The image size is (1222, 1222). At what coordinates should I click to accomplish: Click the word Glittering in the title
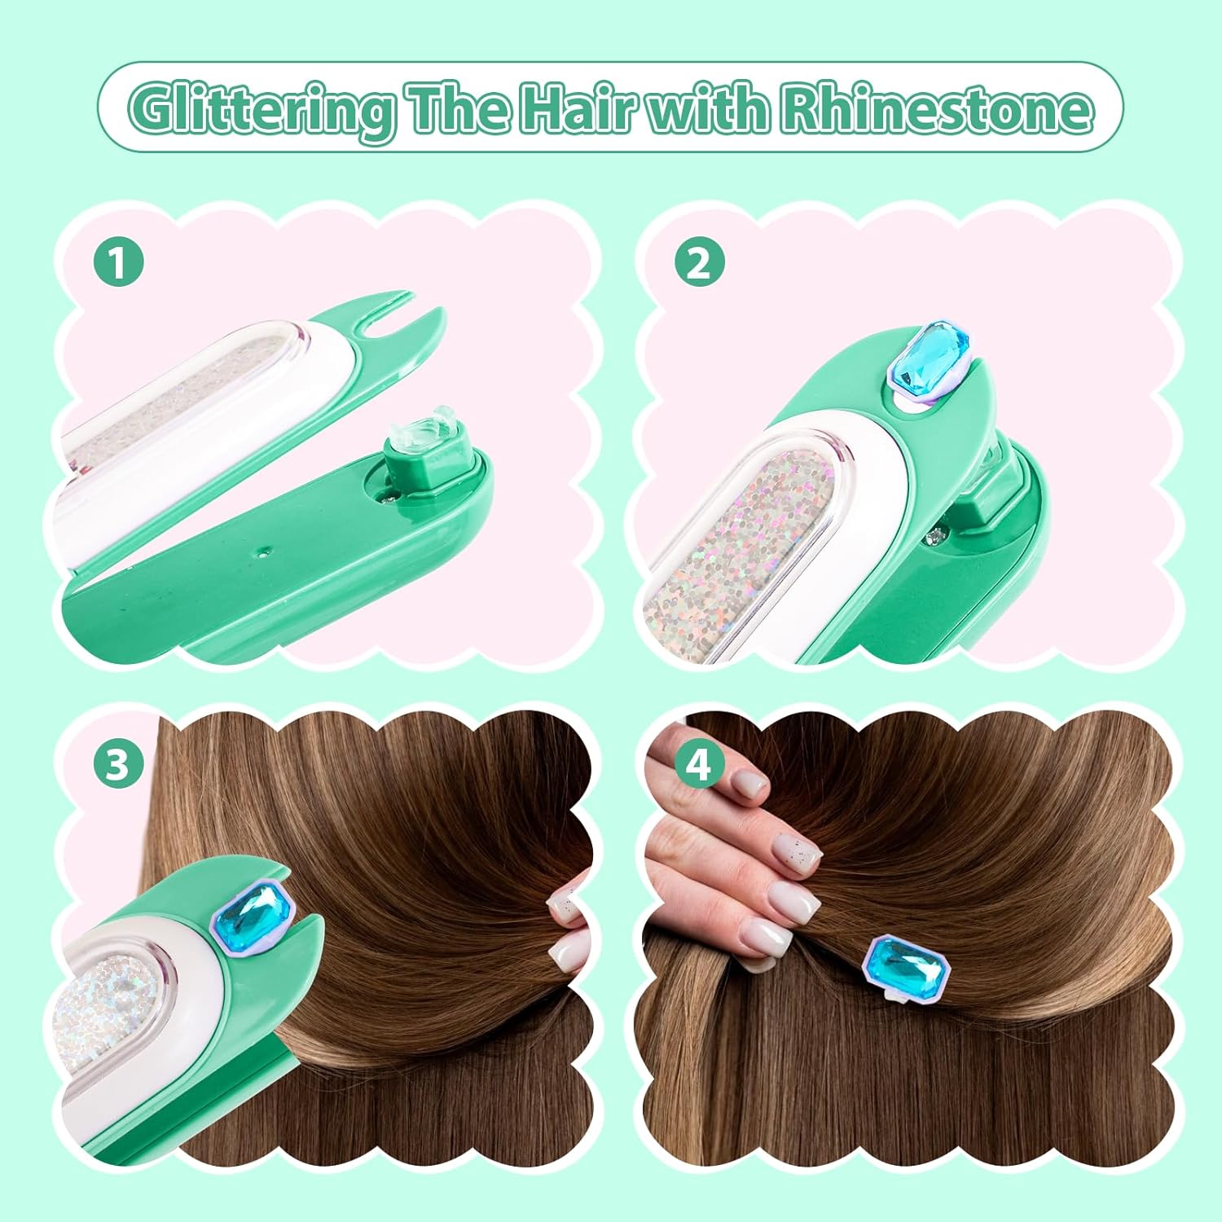coord(261,109)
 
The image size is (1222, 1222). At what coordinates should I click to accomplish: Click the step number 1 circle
coord(119,263)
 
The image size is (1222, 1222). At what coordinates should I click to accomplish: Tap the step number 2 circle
coord(699,263)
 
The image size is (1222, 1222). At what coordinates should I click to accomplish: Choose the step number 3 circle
coord(119,764)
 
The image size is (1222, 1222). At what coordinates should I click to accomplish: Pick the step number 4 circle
coord(699,764)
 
